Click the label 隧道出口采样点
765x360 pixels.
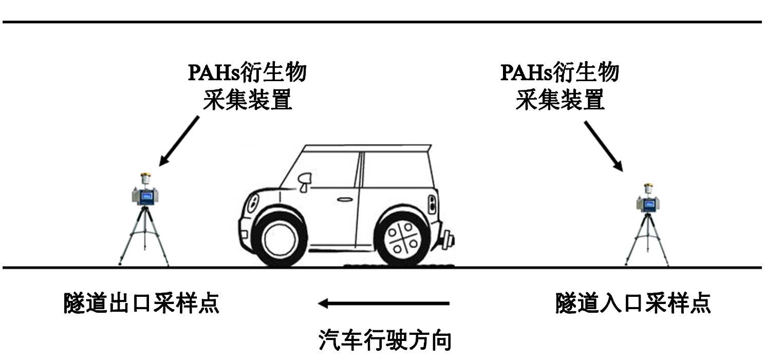(x=141, y=303)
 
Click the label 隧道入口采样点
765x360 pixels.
(x=633, y=303)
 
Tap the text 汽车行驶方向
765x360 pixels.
(x=385, y=340)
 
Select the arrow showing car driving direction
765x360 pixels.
(x=383, y=304)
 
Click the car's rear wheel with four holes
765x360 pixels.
(x=402, y=239)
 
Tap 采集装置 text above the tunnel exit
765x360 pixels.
(x=247, y=101)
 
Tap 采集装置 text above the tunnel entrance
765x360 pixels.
(x=559, y=101)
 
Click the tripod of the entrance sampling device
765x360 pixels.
(x=647, y=239)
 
